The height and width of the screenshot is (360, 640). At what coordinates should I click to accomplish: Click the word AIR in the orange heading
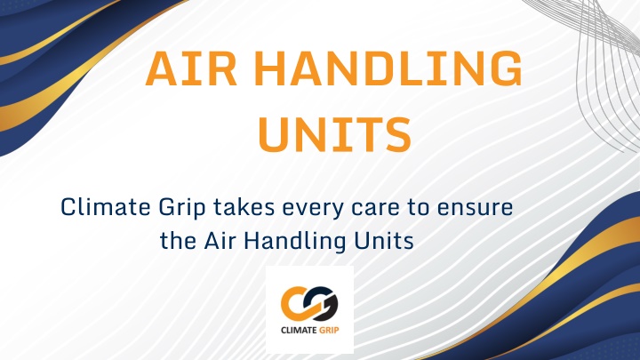tap(191, 68)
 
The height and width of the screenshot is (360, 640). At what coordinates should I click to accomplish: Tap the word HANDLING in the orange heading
tap(390, 68)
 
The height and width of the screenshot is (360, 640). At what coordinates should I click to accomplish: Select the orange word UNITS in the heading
tap(334, 135)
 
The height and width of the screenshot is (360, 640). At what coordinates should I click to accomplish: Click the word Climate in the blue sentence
tap(105, 207)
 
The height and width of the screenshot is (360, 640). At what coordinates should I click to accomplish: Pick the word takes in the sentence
tap(244, 207)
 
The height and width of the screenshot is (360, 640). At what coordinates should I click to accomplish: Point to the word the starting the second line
tap(178, 240)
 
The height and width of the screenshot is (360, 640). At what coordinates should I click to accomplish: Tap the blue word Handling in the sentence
tap(295, 242)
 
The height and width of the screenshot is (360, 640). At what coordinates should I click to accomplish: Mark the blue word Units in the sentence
tap(384, 240)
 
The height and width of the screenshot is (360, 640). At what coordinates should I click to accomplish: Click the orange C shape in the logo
tap(295, 303)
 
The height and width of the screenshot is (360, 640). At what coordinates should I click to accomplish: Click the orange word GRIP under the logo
tap(329, 330)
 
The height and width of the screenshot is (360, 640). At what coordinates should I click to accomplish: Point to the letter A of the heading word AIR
tap(162, 68)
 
